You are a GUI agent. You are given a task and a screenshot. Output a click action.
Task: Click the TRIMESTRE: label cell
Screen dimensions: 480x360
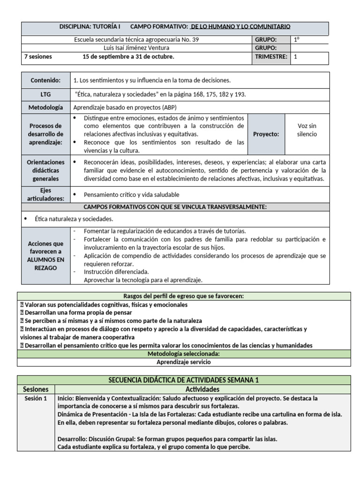(270, 57)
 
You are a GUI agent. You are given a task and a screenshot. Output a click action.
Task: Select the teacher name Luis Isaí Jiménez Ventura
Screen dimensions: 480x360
(136, 48)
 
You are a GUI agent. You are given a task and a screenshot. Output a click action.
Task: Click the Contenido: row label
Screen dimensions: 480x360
(45, 80)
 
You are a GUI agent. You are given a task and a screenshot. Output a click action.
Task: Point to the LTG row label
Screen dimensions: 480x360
(45, 94)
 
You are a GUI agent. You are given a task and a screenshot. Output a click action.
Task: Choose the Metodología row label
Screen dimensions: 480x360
(45, 107)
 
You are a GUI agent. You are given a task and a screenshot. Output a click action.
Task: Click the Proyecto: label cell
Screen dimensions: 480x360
(266, 134)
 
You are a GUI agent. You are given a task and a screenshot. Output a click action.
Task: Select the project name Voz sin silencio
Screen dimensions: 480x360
(307, 130)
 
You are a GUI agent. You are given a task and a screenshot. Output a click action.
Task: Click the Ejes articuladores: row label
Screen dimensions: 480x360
(45, 195)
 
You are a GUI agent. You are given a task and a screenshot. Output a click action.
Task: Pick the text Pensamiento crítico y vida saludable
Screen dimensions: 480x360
(131, 195)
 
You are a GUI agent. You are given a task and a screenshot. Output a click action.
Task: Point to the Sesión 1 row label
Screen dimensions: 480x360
(36, 398)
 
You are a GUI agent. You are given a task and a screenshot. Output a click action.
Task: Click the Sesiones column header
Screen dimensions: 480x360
(36, 390)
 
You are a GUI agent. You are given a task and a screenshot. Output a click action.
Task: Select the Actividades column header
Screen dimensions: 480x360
(202, 390)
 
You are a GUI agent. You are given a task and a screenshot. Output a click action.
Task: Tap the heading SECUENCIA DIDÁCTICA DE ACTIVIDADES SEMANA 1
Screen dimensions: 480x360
(183, 380)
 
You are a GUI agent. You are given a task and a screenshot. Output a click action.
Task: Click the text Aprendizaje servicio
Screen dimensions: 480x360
(183, 362)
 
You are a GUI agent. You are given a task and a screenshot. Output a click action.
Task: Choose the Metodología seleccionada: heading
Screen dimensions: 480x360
(183, 353)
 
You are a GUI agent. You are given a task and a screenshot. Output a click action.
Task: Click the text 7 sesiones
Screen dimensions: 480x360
(38, 57)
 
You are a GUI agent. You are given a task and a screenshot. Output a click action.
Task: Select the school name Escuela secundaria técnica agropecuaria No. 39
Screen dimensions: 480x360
(136, 40)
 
